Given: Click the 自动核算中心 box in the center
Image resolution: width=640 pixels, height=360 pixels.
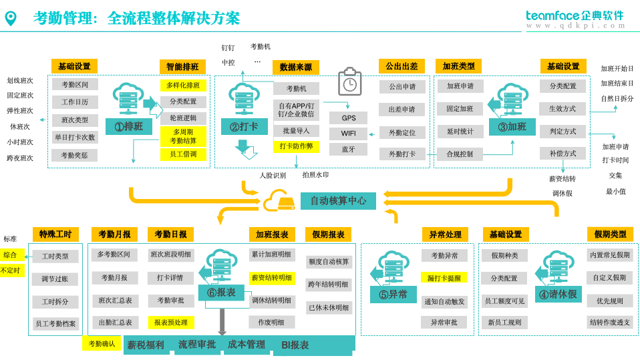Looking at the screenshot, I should coord(338,201).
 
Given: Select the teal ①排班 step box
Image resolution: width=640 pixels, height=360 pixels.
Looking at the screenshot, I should coord(129,127).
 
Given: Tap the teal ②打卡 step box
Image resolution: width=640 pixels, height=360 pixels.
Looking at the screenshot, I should coord(244,127).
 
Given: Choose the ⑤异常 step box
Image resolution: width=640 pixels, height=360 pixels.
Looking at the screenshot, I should coord(393,295).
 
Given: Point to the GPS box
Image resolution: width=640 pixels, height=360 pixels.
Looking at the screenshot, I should coord(349,118).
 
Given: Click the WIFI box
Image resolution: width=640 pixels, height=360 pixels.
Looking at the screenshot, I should coord(349,134).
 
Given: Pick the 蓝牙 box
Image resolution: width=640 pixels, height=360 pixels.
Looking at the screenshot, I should coord(349,150).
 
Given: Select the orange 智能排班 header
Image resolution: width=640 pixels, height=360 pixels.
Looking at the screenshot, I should coord(182,67).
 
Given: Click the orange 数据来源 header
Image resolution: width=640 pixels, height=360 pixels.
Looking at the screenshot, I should coord(295,67).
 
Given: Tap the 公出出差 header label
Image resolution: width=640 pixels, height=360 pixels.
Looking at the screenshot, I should coord(402,66).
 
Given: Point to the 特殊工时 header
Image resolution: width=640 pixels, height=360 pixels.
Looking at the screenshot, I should coord(55,234).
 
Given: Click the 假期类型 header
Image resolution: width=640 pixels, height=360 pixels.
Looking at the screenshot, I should coord(610,234).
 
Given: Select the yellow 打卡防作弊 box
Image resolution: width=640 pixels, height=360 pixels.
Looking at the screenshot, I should coord(296,147).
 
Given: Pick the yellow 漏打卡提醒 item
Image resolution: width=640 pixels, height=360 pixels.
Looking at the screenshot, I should coord(444,278).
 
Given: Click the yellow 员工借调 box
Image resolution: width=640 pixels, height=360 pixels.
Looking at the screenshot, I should coord(183,154).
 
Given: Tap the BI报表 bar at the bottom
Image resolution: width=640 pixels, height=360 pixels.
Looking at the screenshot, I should coord(295,345).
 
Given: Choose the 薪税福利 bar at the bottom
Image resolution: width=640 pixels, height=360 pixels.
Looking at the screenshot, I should coord(146,345).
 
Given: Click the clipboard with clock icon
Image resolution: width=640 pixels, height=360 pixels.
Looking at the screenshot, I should coord(349,82).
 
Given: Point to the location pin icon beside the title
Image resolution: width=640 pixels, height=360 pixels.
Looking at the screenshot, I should coord(11,18).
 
